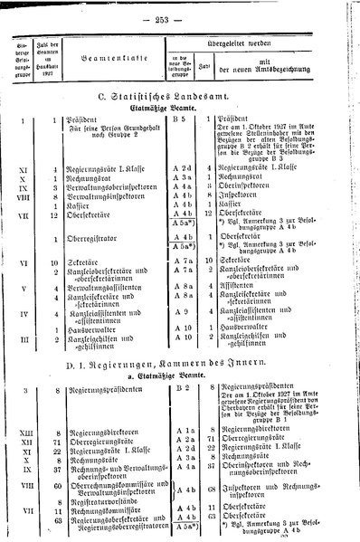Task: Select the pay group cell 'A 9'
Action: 181,314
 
